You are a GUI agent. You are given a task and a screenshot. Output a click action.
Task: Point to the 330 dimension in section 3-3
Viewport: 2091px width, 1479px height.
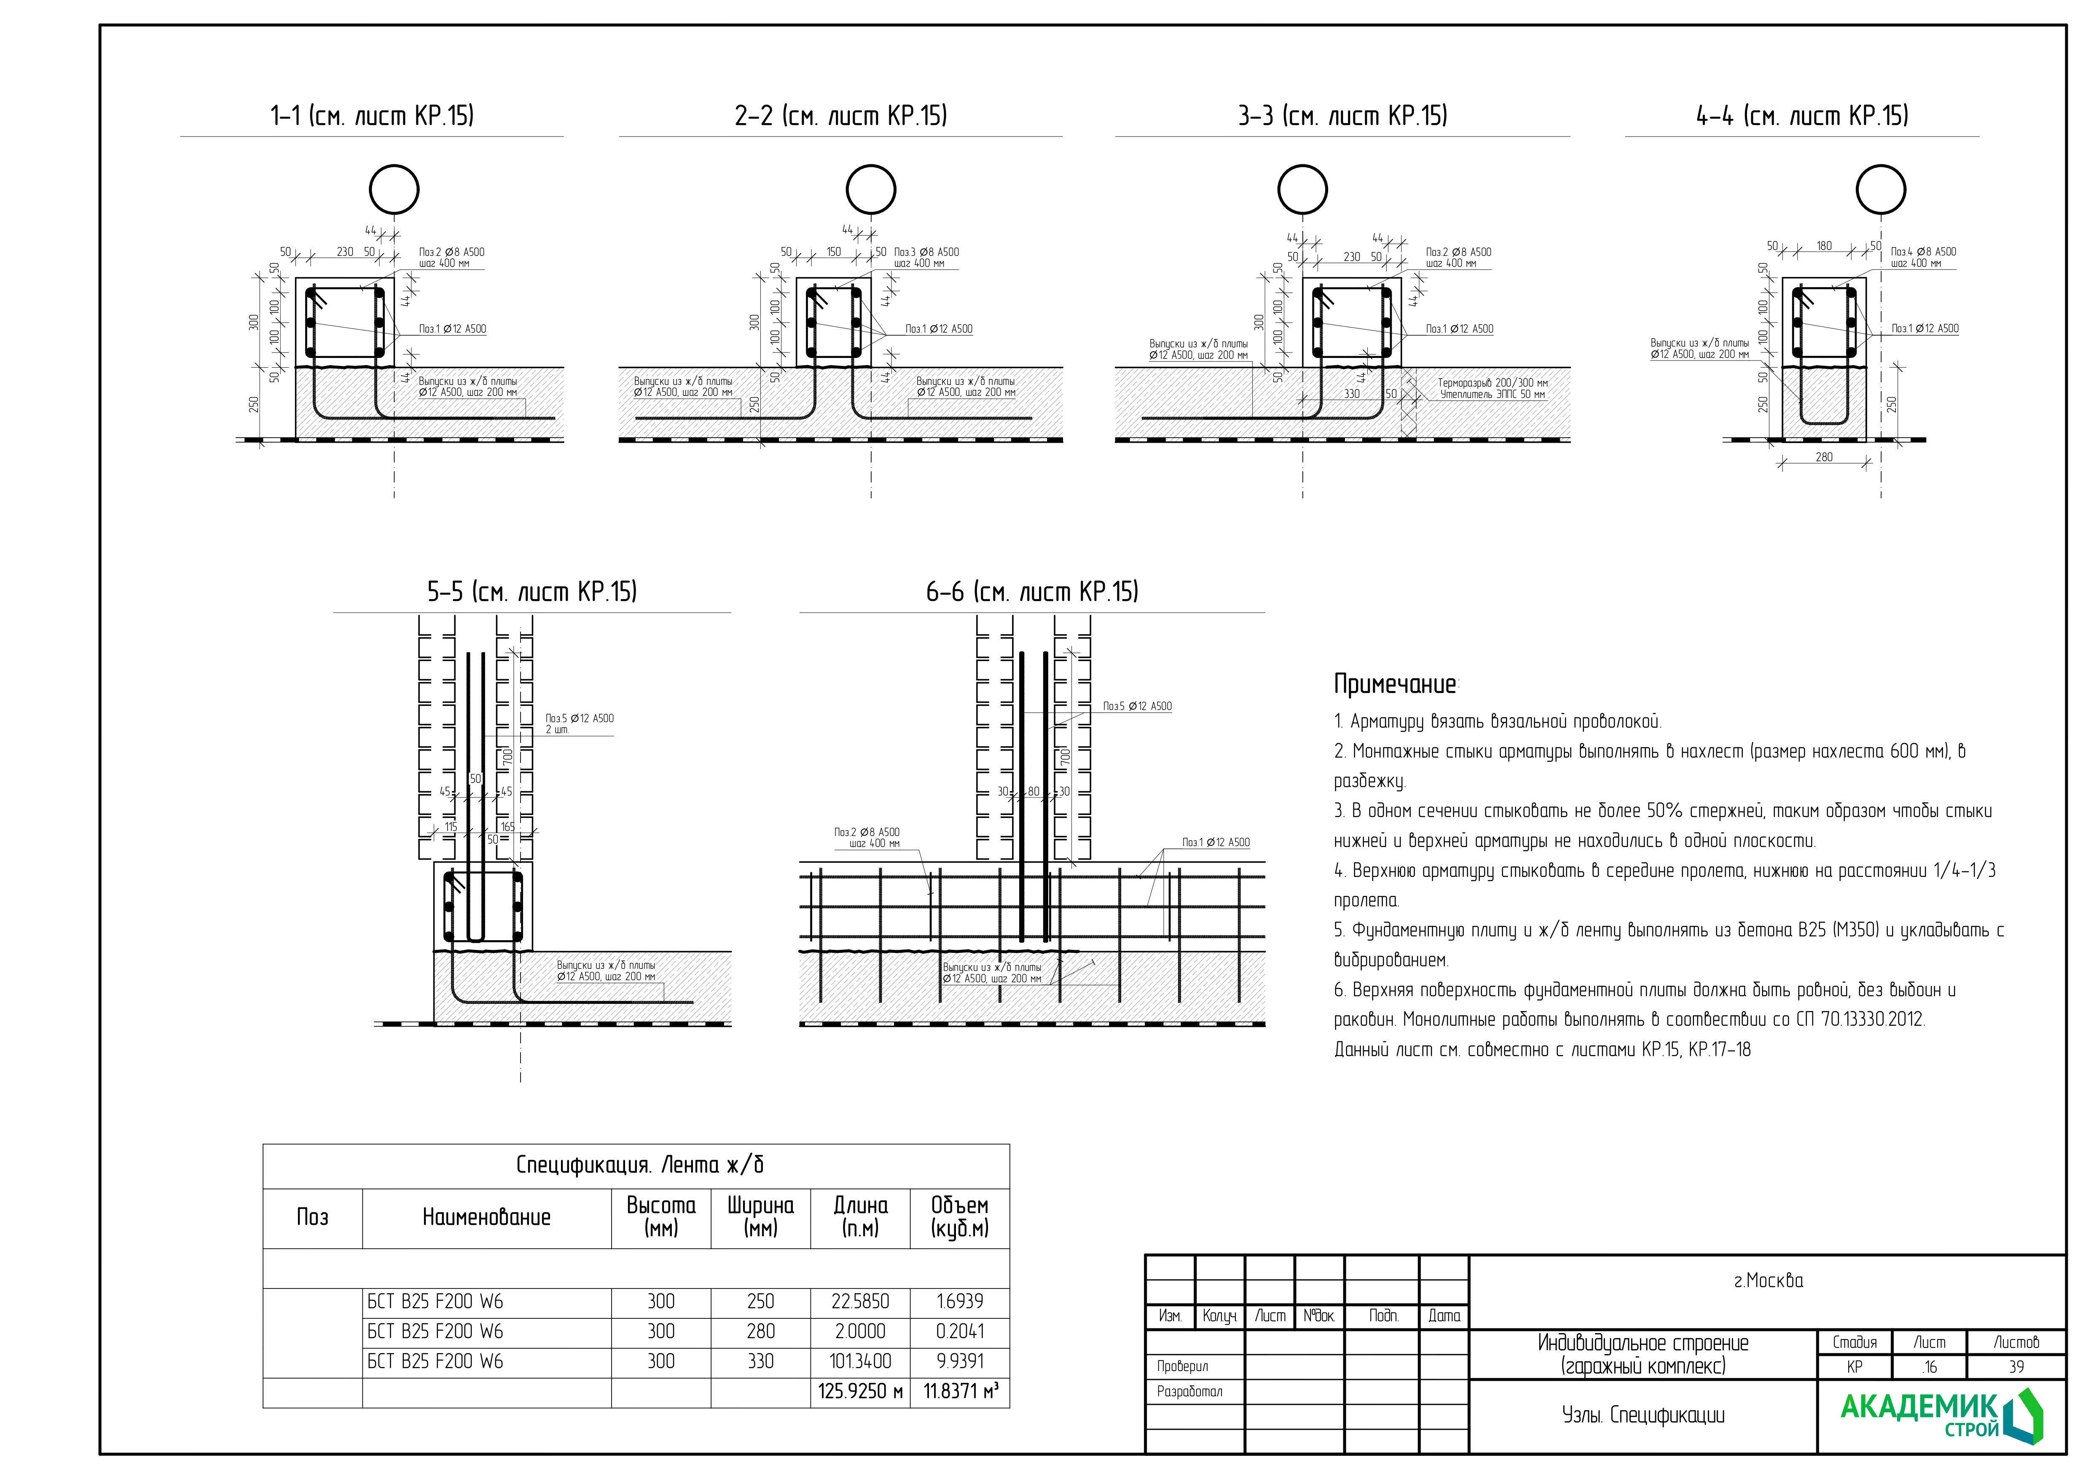tap(1351, 394)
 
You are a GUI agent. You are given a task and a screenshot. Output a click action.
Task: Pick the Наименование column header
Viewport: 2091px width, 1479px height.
tap(486, 1218)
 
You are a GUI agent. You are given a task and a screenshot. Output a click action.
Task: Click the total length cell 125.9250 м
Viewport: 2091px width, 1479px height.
tap(860, 1392)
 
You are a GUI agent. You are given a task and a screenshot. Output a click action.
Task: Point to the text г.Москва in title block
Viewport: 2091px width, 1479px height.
tap(1768, 1280)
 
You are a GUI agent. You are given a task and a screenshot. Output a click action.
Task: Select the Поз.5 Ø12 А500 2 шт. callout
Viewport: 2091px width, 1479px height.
tap(579, 723)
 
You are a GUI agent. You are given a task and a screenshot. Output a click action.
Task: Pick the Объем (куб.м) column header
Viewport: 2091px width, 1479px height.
tap(960, 1218)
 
